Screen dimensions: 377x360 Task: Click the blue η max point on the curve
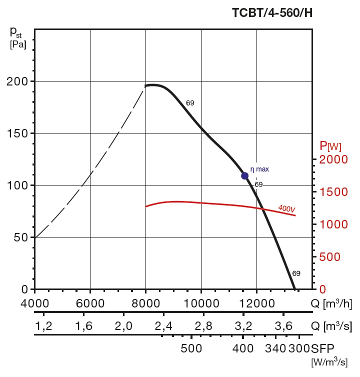245,175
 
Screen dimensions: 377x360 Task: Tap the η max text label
259,169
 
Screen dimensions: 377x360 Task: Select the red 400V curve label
286,208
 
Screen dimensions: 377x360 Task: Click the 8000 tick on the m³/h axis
145,303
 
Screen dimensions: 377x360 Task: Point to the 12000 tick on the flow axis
256,303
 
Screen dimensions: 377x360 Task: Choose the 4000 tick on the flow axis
34,303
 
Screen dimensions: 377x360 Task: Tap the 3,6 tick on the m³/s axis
283,326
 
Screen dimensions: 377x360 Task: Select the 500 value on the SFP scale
191,348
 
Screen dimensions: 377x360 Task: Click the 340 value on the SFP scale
275,348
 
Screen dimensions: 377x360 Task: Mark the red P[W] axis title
330,146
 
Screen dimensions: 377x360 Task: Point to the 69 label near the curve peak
190,103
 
